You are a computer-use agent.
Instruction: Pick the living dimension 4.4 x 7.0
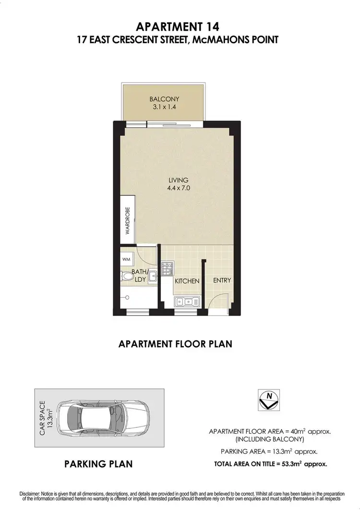179,188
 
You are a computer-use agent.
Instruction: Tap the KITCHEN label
187,281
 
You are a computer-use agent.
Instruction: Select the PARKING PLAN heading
98,464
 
